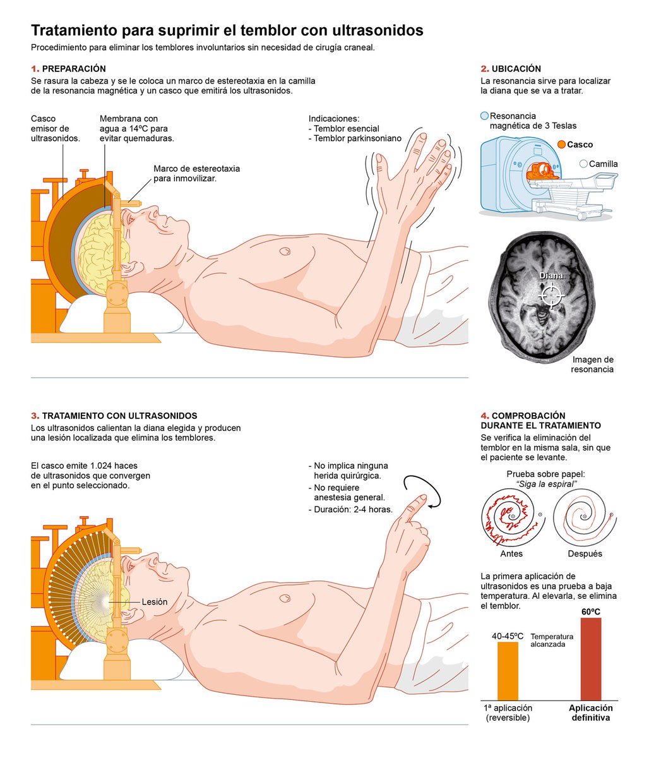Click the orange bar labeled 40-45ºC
pos(508,670)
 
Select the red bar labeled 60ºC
pos(591,658)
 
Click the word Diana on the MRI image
pos(551,276)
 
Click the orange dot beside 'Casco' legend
pos(561,145)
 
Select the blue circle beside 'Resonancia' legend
pos(484,116)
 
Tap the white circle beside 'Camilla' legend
pos(583,164)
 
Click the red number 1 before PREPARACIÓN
pos(35,69)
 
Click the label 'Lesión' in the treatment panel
pos(155,602)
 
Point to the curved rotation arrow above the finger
pos(423,489)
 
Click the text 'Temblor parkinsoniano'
pos(357,138)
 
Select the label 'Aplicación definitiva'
pos(590,713)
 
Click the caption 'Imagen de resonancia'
pos(592,364)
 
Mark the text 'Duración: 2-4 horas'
pos(353,509)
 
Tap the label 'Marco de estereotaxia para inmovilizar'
pos(196,174)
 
